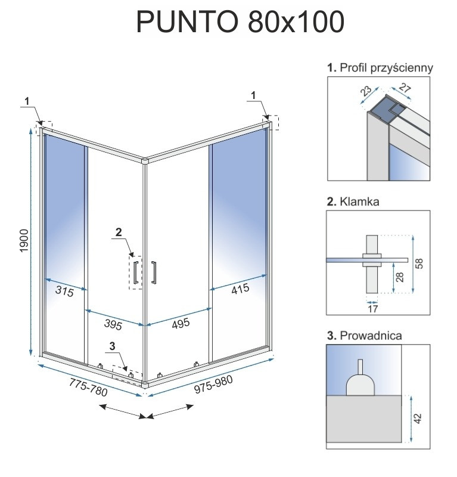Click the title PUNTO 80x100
(x=240, y=22)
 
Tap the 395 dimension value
(x=112, y=325)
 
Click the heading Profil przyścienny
(x=380, y=68)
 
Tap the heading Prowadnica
(x=364, y=336)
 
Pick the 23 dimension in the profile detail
(x=365, y=92)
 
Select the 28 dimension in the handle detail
(x=400, y=276)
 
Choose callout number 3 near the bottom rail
(x=113, y=345)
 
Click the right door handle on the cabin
(x=154, y=271)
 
